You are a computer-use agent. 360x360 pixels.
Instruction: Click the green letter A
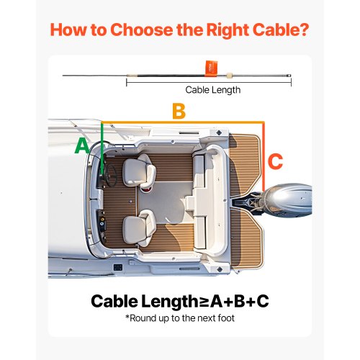82,146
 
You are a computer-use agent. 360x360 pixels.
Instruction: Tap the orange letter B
179,112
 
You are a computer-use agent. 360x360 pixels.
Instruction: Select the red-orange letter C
275,161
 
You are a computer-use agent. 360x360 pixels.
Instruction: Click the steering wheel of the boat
111,176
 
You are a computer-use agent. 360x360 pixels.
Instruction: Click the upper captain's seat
139,171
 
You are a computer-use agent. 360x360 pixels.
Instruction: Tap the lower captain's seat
139,228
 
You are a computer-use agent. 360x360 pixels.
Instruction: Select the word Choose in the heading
143,30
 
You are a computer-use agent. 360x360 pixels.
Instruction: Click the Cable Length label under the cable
213,90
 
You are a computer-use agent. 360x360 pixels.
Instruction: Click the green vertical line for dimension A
102,149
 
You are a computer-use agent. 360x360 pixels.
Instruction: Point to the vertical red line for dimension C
264,157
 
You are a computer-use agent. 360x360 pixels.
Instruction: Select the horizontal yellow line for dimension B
183,122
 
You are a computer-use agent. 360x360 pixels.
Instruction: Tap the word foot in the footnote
226,318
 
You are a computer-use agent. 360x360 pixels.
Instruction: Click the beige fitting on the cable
230,76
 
